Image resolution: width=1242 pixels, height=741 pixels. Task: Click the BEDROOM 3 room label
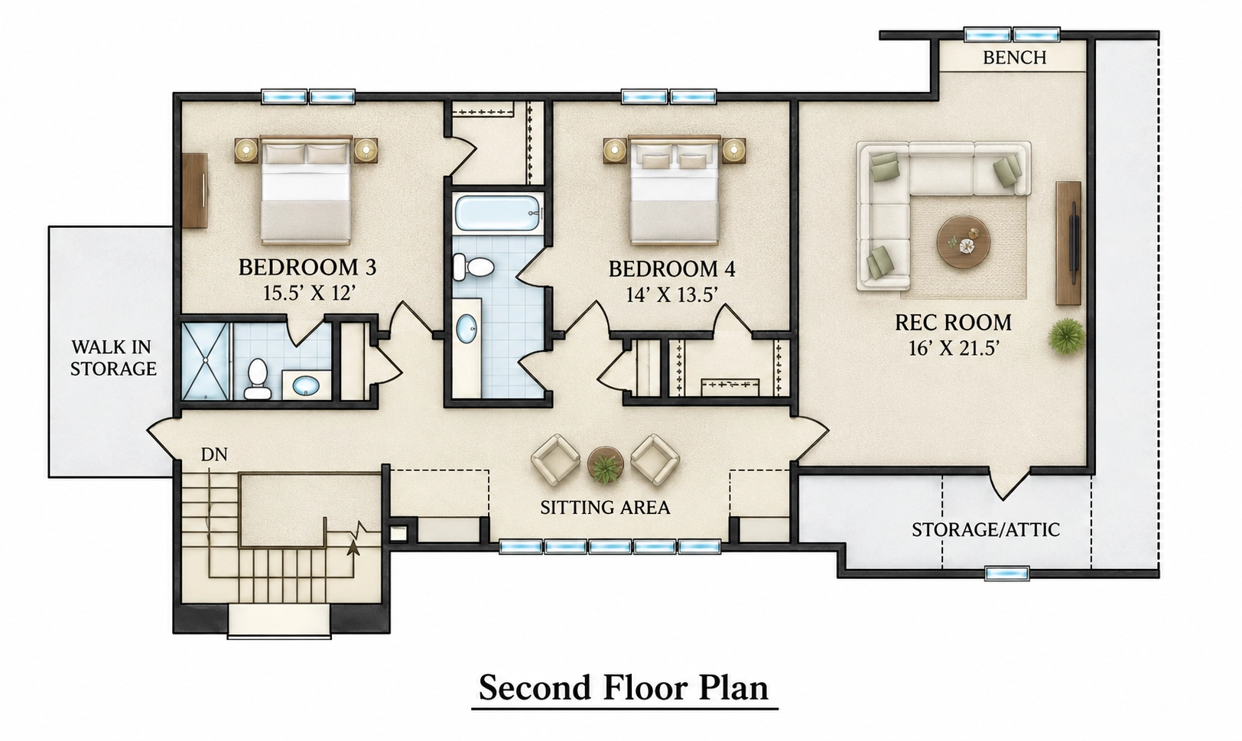[307, 268]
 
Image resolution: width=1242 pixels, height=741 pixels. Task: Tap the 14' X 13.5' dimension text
[672, 295]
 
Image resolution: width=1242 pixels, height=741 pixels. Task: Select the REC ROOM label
[953, 323]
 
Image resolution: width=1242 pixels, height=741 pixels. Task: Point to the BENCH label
[1015, 57]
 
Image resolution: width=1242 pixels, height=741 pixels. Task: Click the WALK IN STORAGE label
[113, 358]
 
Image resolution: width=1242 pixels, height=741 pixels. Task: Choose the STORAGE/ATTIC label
[986, 530]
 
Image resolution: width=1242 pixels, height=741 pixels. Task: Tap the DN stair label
[214, 454]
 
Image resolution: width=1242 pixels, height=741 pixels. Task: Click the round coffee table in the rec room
[964, 242]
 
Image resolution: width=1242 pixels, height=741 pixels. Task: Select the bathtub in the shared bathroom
[498, 213]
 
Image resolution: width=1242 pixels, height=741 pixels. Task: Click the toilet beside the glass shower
[257, 379]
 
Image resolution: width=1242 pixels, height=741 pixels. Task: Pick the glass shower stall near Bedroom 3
[205, 361]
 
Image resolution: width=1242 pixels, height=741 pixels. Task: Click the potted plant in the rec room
[1066, 336]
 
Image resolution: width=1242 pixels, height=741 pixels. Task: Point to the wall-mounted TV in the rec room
[1074, 242]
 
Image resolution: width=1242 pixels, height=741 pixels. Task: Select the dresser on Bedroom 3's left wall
[194, 190]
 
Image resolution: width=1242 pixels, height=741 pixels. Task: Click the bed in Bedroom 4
[675, 190]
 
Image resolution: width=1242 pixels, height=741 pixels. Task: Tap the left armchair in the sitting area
[555, 460]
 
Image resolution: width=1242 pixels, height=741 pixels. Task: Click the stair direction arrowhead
[353, 547]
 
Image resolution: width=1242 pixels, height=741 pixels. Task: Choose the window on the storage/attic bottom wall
[1007, 573]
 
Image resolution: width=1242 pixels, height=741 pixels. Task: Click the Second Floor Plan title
[624, 687]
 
